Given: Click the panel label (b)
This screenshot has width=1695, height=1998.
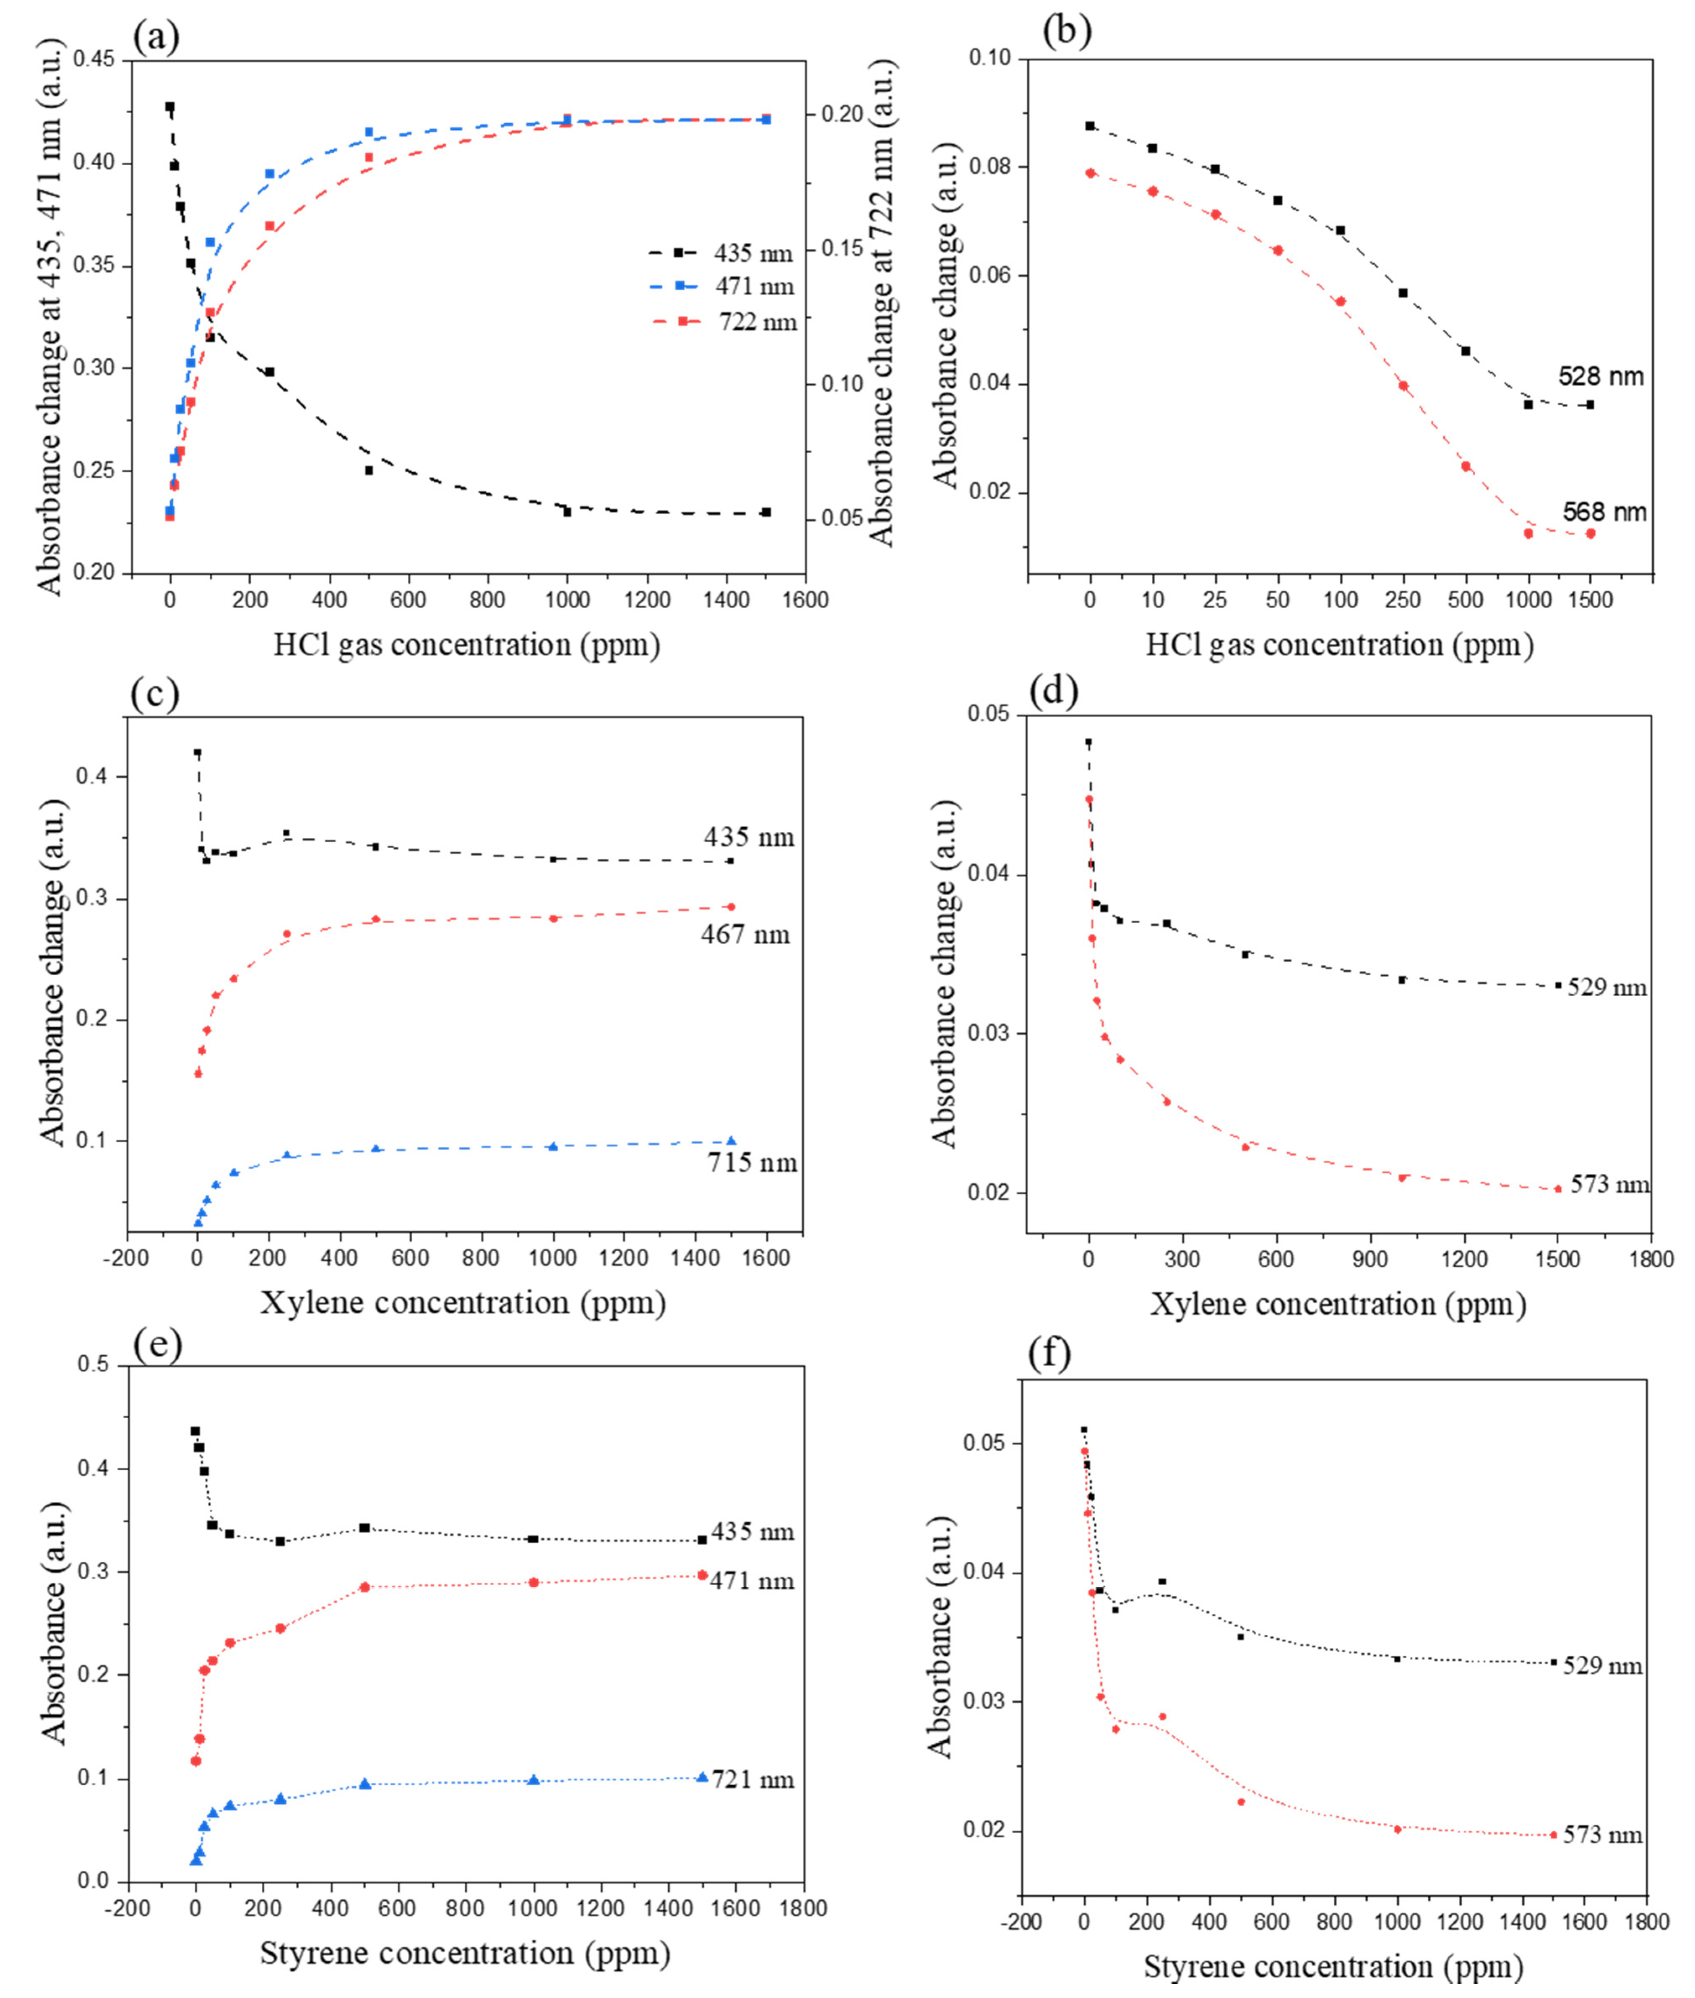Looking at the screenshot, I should (1067, 32).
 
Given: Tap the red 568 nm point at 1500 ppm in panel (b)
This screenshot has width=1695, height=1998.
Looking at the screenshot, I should (1590, 534).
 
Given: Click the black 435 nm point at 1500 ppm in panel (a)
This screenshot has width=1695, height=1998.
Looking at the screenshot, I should (766, 512).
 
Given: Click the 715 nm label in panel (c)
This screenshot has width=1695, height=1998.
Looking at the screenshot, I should (751, 1163).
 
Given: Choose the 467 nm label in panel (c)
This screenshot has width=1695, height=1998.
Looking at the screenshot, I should (745, 934).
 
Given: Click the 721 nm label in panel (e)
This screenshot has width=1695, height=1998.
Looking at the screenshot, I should (752, 1780).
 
